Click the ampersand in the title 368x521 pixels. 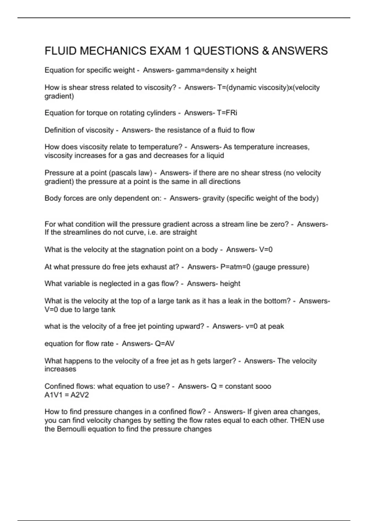tap(265, 51)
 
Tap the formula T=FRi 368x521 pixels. tap(227, 113)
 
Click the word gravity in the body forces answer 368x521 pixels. tap(213, 198)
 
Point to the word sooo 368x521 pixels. tap(263, 386)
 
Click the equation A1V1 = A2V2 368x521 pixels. tap(67, 395)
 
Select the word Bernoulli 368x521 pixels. tap(74, 429)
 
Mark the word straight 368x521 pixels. tap(184, 232)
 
